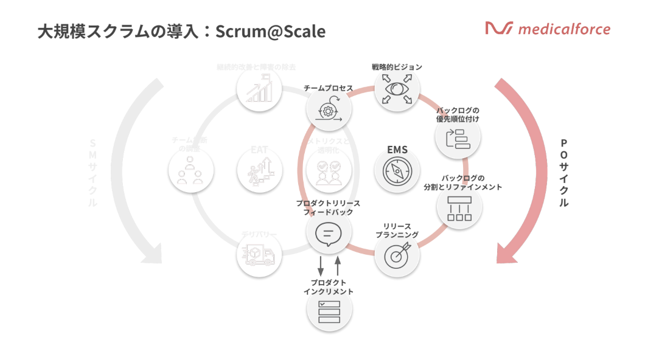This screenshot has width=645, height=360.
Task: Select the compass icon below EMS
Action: pyautogui.click(x=397, y=170)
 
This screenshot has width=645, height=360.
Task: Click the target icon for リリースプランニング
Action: pyautogui.click(x=397, y=255)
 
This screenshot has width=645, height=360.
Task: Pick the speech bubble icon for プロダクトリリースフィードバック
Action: pyautogui.click(x=329, y=233)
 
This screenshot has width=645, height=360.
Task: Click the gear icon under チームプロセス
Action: pyautogui.click(x=329, y=111)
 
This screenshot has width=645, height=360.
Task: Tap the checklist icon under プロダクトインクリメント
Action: pyautogui.click(x=329, y=311)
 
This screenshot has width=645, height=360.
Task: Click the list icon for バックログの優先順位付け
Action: pyautogui.click(x=458, y=139)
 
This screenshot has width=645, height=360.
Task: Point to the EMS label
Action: pyautogui.click(x=397, y=150)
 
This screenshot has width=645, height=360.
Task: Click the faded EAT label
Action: pyautogui.click(x=259, y=150)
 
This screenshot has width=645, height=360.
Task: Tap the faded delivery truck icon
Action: pyautogui.click(x=259, y=255)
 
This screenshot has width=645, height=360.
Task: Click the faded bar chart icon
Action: pyautogui.click(x=259, y=91)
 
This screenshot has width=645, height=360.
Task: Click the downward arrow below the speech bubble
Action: pyautogui.click(x=321, y=266)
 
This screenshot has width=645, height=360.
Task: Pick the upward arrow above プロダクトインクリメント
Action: pyautogui.click(x=338, y=266)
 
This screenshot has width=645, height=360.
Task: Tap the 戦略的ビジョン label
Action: pyautogui.click(x=397, y=67)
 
